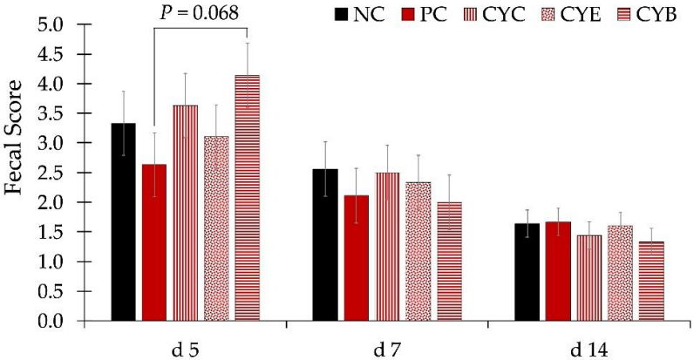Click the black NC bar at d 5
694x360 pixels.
click(123, 222)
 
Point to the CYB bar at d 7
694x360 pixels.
click(450, 262)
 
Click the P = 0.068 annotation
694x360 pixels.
click(201, 13)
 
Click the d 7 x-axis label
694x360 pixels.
click(387, 349)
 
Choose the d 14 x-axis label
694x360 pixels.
click(590, 349)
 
